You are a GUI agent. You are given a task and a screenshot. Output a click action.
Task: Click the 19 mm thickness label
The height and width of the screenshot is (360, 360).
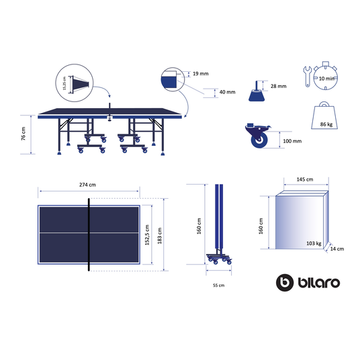(201, 74)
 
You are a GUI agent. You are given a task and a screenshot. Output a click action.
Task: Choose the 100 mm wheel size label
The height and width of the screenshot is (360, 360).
(292, 142)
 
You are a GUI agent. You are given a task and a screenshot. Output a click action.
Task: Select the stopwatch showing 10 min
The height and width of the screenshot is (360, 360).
(326, 78)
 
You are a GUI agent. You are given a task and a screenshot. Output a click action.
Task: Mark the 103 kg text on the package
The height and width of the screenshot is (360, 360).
(314, 242)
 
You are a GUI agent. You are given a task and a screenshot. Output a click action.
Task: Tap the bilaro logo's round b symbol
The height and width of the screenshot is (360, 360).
(285, 281)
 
